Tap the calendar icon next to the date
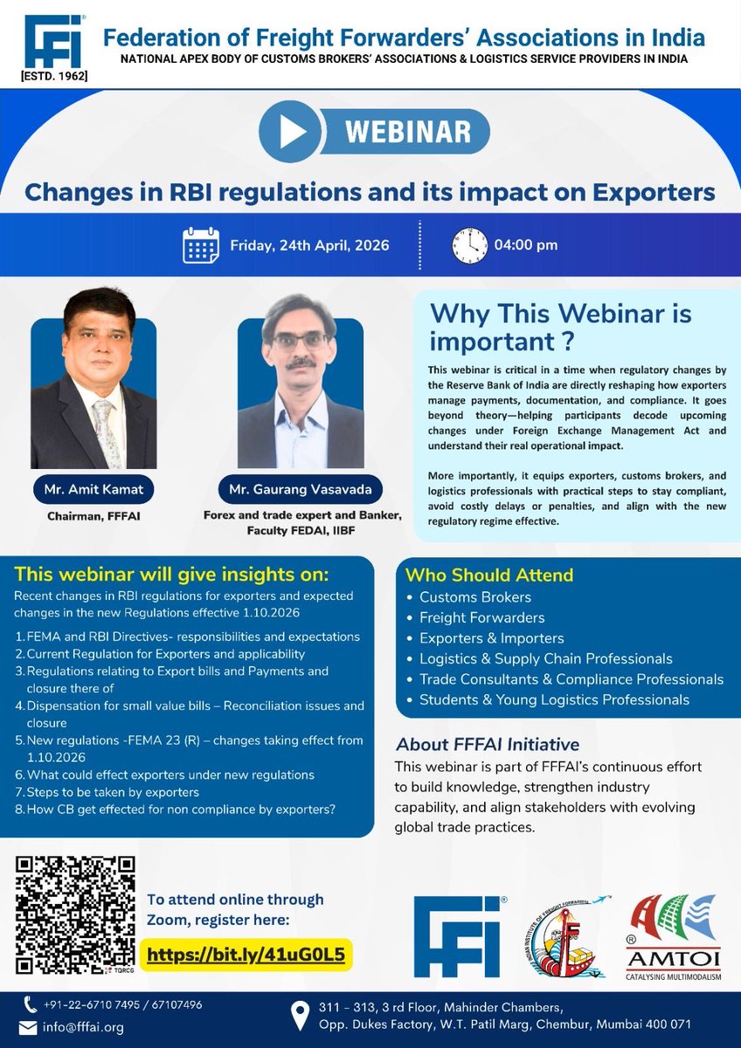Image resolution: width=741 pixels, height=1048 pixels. click(x=201, y=245)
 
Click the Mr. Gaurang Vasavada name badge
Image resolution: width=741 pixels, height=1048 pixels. click(x=301, y=489)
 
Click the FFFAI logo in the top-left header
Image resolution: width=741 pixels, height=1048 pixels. click(x=53, y=40)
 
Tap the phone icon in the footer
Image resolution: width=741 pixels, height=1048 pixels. click(x=31, y=1004)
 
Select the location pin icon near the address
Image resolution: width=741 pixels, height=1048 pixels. click(x=301, y=1016)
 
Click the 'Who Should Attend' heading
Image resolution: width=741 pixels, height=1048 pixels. click(x=488, y=575)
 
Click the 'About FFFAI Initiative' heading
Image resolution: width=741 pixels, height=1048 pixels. click(x=487, y=745)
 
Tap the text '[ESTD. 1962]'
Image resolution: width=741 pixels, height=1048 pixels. click(x=53, y=76)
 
